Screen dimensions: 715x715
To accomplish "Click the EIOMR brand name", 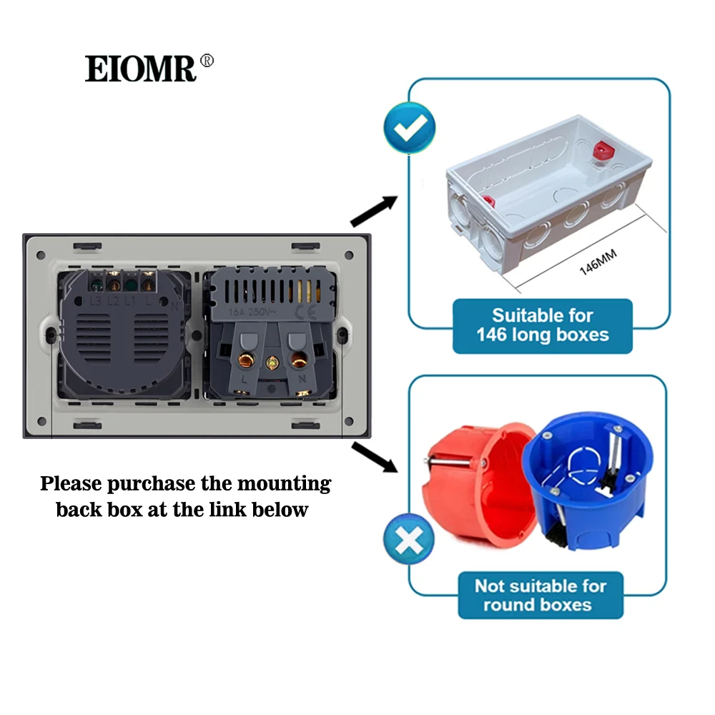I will [140, 69].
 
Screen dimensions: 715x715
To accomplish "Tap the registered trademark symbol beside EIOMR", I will [207, 61].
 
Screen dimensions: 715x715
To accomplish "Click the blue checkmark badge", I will [409, 128].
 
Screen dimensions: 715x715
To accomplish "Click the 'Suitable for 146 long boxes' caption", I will [542, 325].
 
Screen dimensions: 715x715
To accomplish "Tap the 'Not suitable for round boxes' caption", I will [541, 595].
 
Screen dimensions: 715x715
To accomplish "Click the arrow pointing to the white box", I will [373, 211].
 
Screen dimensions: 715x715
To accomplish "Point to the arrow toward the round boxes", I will [374, 456].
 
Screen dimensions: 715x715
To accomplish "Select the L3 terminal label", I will [95, 301].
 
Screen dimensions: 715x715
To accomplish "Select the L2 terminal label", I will [113, 301].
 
